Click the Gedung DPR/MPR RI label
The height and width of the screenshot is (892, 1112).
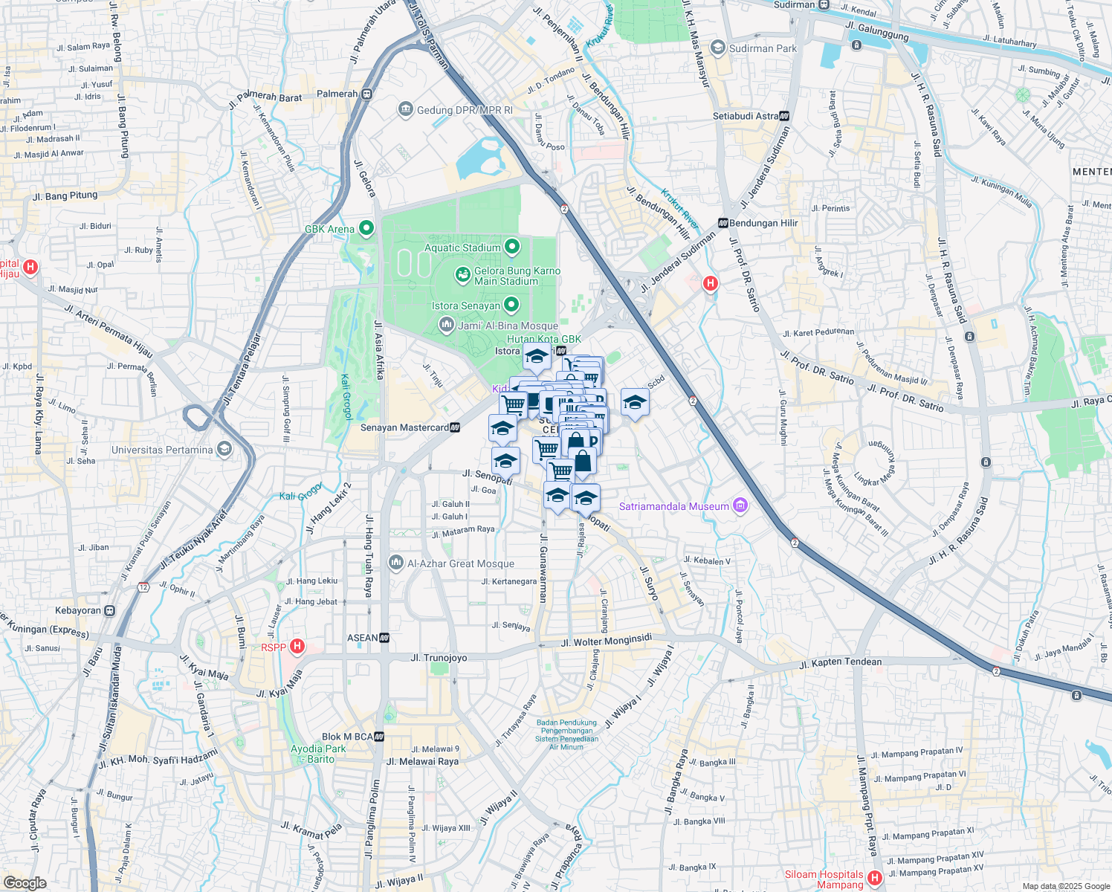465,110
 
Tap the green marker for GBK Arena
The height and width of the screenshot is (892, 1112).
366,228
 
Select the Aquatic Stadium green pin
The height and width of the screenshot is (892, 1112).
512,247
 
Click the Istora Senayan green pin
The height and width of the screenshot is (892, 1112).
511,305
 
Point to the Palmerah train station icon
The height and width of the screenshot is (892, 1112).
367,94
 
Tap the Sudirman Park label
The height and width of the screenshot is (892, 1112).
763,48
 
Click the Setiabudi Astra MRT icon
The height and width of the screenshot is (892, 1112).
784,116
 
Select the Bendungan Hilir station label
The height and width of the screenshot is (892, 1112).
763,223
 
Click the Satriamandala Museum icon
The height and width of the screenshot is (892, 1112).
740,506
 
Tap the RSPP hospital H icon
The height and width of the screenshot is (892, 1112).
297,647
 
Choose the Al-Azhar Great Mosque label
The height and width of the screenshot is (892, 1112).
460,563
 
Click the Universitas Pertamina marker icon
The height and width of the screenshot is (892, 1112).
224,450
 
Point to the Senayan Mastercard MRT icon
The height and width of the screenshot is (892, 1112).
455,427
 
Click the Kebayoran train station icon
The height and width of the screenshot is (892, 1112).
109,610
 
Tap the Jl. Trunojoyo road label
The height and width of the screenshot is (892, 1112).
439,658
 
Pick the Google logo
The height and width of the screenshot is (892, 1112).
25,883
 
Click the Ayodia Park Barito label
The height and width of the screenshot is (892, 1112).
318,754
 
